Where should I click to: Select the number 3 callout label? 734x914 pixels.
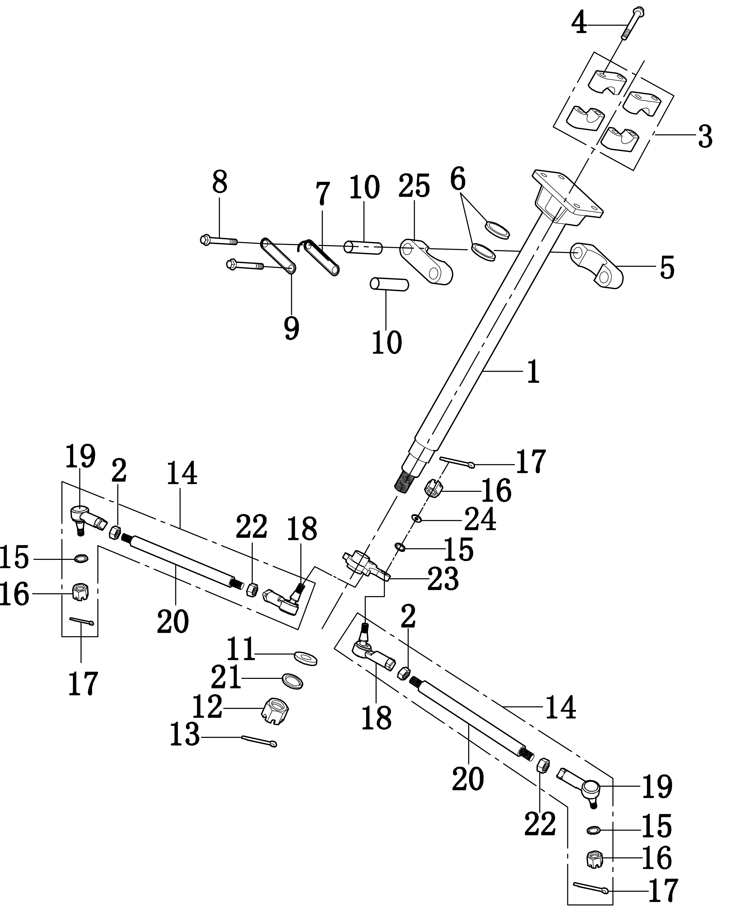point(706,137)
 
